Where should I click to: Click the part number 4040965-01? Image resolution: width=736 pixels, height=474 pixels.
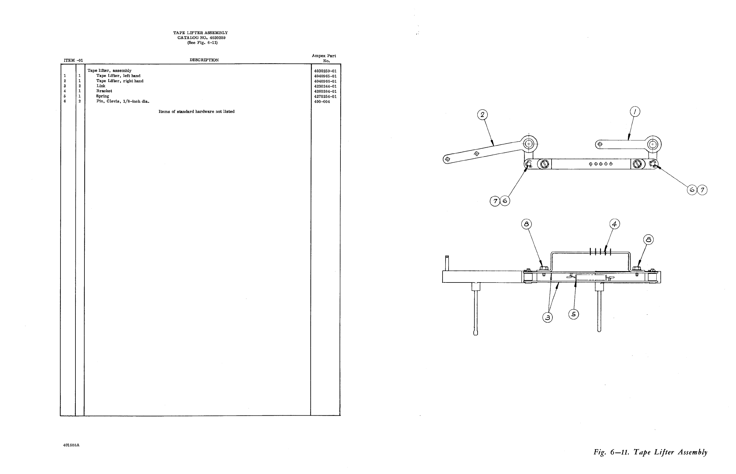[325, 76]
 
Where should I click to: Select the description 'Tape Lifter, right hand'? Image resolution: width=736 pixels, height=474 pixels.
[120, 81]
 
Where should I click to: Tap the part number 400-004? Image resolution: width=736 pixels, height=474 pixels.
[322, 101]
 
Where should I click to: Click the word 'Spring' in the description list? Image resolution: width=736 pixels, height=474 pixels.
[102, 96]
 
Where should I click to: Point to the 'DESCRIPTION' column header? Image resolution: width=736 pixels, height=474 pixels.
[204, 60]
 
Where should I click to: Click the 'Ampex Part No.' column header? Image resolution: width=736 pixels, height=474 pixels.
[324, 58]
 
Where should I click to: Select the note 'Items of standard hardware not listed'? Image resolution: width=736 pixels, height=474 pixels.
[196, 111]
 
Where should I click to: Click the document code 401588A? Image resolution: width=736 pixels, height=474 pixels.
[71, 445]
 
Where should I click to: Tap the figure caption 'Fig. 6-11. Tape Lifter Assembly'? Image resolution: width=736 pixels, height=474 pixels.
[650, 452]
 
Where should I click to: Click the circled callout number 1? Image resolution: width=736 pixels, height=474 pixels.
[635, 112]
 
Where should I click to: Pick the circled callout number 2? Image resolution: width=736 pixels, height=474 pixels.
[482, 115]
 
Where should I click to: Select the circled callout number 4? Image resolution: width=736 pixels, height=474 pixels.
[614, 224]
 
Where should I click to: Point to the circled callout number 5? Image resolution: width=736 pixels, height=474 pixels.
[573, 314]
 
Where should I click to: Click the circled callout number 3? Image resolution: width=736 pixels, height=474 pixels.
[548, 317]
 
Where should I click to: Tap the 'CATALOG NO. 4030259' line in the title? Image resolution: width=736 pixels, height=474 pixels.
[201, 37]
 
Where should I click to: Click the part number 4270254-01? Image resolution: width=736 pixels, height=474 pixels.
[325, 96]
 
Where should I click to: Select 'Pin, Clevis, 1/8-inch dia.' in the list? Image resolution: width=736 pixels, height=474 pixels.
[122, 101]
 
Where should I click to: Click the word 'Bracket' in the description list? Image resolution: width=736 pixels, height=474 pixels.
[104, 91]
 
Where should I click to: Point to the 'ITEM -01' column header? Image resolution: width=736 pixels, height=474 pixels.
[73, 60]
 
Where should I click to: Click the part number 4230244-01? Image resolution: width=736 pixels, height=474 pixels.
[325, 86]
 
